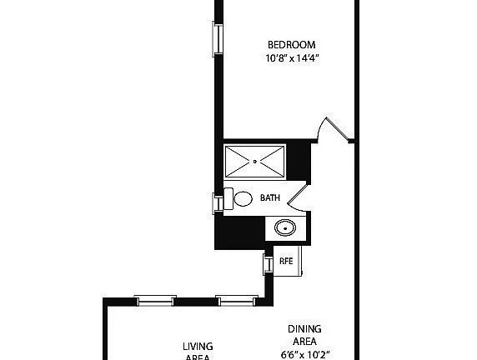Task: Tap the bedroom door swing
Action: click(334, 130)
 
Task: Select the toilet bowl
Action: click(243, 198)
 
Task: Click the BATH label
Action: click(269, 198)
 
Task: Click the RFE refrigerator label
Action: click(286, 261)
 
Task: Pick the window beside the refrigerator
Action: click(269, 264)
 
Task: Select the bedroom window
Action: click(218, 38)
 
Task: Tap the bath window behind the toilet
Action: click(218, 201)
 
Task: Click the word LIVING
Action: click(198, 346)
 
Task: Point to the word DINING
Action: click(304, 329)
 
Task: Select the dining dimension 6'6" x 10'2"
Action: click(304, 353)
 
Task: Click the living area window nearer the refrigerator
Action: click(235, 300)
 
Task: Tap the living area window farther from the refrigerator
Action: click(155, 300)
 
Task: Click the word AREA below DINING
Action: click(304, 341)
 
